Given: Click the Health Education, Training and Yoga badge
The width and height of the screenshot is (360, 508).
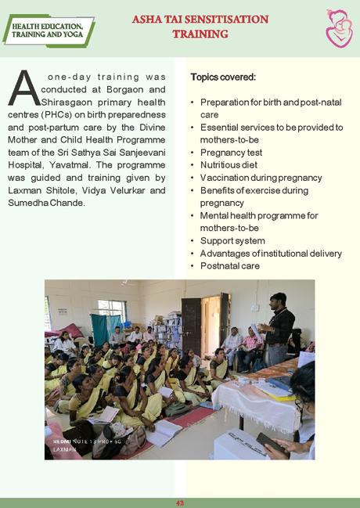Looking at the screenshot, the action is point(48,31).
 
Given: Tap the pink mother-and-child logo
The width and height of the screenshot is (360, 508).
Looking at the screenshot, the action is point(338,29).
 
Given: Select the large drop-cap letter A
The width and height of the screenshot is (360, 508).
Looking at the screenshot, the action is point(23,88).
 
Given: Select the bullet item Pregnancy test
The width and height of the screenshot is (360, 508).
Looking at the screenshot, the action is point(231,153).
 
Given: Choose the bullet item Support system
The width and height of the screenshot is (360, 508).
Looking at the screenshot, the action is point(232,240).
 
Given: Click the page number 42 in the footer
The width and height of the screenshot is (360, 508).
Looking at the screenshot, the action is point(179,502).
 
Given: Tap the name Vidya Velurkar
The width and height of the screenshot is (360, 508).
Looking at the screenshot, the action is point(119,190).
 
